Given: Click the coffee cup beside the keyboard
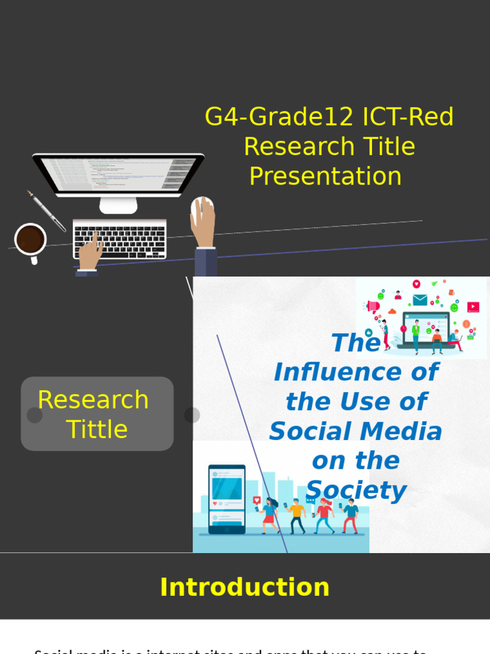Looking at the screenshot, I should (x=30, y=240).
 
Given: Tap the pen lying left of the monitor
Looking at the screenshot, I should (x=46, y=210).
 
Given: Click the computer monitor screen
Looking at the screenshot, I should (x=119, y=174).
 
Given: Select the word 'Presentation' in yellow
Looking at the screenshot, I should (x=325, y=176).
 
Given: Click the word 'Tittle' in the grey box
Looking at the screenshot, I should (x=97, y=429).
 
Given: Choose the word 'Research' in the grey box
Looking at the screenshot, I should (x=93, y=400).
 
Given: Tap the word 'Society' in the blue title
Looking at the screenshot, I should (x=355, y=490).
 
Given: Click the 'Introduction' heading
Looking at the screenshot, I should (x=244, y=587).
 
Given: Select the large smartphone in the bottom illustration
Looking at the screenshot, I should (x=226, y=499).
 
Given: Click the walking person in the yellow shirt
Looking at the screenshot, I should (x=295, y=515).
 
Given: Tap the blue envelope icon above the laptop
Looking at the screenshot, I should (x=419, y=300).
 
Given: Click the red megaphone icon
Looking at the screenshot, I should (x=373, y=306).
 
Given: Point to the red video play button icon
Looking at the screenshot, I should (x=473, y=307).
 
